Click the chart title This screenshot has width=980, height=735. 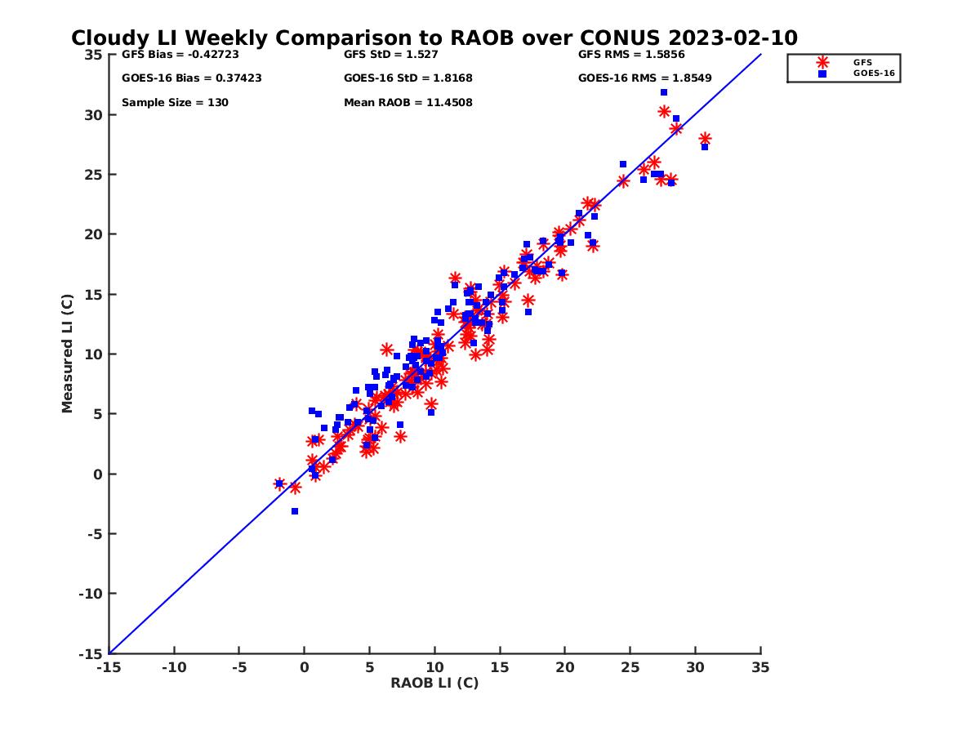pyautogui.click(x=434, y=38)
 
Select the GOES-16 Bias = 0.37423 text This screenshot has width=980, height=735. pyautogui.click(x=191, y=78)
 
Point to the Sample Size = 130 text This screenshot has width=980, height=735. pyautogui.click(x=175, y=103)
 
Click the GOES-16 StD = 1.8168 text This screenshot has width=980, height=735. pyautogui.click(x=408, y=78)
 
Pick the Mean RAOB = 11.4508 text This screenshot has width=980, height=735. pyautogui.click(x=408, y=103)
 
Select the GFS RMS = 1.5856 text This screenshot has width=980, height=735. pyautogui.click(x=631, y=55)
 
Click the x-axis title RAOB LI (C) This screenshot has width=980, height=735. pyautogui.click(x=434, y=683)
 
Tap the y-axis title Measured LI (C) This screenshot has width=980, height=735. pyautogui.click(x=67, y=354)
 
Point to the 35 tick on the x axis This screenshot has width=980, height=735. pyautogui.click(x=760, y=667)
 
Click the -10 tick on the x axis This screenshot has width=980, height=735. pyautogui.click(x=173, y=667)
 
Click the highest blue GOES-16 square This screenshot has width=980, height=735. pyautogui.click(x=664, y=92)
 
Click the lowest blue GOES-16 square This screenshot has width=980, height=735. pyautogui.click(x=295, y=511)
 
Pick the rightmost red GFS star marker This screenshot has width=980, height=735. pyautogui.click(x=705, y=139)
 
